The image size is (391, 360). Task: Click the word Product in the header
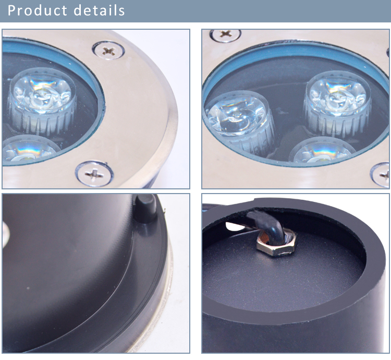click(x=37, y=11)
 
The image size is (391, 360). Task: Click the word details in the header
click(x=99, y=10)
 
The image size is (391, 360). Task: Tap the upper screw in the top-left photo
click(x=108, y=51)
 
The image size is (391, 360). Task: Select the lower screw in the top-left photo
click(x=94, y=174)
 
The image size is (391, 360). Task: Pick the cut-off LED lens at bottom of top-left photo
click(x=30, y=150)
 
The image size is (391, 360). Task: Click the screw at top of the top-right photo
click(x=225, y=34)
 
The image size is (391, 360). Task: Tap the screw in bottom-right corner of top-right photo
click(x=381, y=175)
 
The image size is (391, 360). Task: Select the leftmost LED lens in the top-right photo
click(x=239, y=122)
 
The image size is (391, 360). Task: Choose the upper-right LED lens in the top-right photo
click(x=337, y=103)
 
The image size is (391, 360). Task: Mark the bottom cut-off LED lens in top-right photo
click(x=322, y=151)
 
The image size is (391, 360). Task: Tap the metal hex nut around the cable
click(x=276, y=243)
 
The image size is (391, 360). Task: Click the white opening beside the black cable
click(x=235, y=226)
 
